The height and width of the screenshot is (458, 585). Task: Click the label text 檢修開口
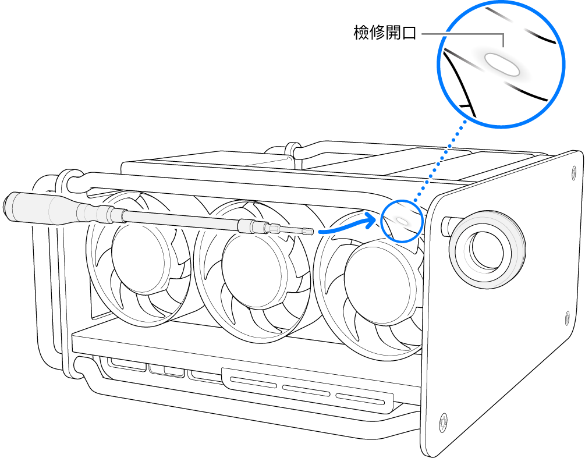click(x=385, y=33)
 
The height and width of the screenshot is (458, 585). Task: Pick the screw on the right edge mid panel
click(x=568, y=317)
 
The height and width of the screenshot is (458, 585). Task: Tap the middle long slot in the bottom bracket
click(x=306, y=390)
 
